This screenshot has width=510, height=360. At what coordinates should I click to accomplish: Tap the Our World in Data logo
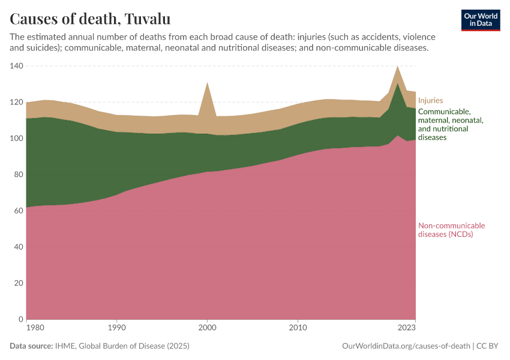(480, 20)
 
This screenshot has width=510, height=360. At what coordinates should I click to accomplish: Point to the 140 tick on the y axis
(16, 66)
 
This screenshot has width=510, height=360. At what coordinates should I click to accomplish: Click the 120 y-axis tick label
(16, 102)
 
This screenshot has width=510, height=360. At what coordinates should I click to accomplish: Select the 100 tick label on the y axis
(16, 139)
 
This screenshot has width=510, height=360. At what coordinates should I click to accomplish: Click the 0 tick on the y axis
(20, 319)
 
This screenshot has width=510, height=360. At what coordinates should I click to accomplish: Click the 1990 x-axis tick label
(116, 328)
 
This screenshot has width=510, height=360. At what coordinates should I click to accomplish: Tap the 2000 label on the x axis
(207, 328)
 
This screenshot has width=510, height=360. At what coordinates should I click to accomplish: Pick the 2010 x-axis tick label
(298, 328)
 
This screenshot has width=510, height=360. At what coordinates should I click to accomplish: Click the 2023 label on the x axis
(406, 328)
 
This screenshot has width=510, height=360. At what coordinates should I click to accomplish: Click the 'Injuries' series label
(430, 101)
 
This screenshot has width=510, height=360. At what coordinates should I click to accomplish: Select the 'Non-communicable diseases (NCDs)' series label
(451, 230)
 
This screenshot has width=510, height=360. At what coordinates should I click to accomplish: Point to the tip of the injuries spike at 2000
(207, 82)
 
